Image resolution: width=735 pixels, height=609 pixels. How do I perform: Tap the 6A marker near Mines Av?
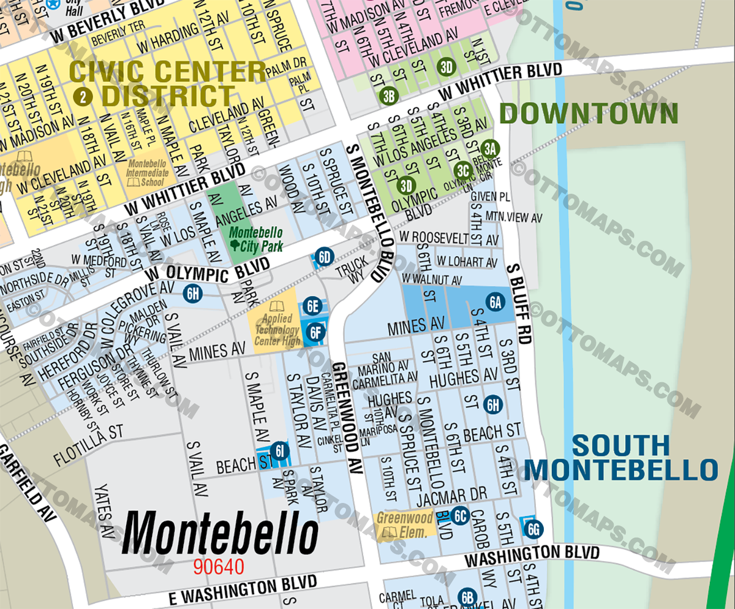495,301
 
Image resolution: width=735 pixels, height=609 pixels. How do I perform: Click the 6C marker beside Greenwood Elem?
461,516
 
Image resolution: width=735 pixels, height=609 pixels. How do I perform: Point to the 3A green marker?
489,148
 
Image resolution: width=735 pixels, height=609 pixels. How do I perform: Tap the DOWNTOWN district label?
589,114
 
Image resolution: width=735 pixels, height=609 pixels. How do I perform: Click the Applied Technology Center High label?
277,330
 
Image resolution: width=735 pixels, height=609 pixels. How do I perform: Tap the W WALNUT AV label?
431,279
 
